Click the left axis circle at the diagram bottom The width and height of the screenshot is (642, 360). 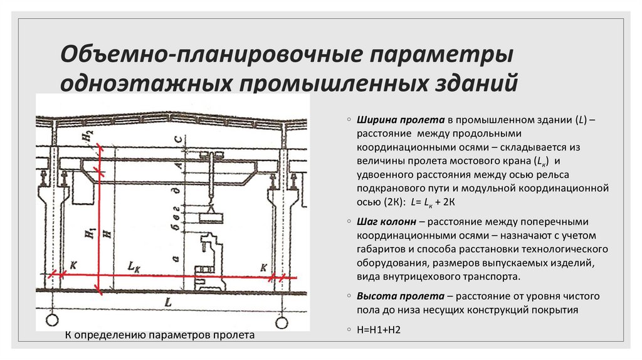coord(52,321)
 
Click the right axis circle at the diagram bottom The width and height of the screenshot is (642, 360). coord(280,322)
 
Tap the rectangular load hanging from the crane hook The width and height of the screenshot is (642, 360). coord(210,218)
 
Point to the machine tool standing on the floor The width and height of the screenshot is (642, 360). coord(210,263)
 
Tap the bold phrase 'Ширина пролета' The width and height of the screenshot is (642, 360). coord(390,119)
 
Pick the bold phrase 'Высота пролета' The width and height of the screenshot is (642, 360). coord(391,295)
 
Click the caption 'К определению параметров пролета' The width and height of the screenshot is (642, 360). coord(160,336)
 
